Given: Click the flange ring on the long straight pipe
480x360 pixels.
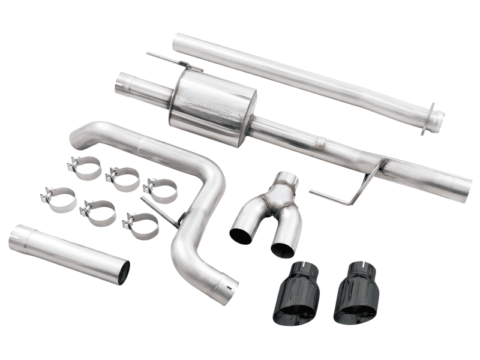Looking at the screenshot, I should coord(431,118).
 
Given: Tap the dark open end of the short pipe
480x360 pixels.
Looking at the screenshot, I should coord(122,273).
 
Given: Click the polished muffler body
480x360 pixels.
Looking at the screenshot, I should coord(213,111).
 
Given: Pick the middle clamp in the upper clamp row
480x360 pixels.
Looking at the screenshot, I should coord(122,178).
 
